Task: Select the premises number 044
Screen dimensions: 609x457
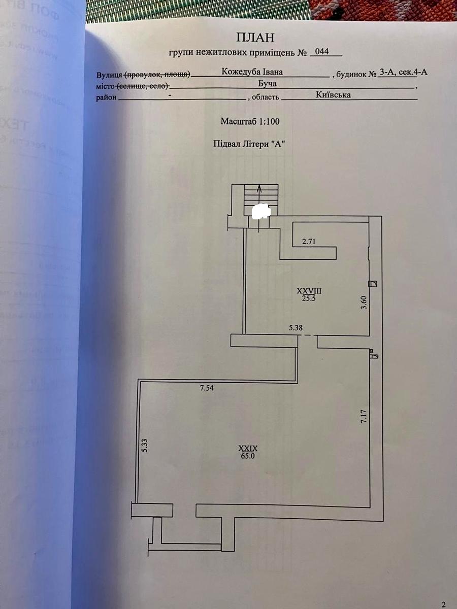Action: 322,52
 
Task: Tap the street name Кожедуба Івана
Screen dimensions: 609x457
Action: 252,72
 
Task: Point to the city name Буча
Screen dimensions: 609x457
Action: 267,84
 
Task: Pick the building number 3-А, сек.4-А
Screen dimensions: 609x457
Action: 403,72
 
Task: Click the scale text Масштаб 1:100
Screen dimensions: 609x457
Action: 250,122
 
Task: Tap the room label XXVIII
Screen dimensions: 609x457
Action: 310,291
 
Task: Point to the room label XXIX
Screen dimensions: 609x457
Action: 248,449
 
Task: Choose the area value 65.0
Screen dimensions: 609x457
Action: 248,456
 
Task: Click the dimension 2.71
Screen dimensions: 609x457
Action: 309,242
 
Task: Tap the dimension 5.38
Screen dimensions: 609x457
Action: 296,328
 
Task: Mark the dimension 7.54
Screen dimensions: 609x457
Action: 207,389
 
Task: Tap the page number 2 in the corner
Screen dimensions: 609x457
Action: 443,604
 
